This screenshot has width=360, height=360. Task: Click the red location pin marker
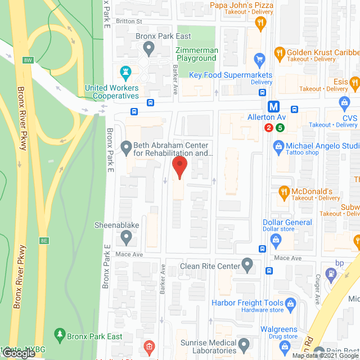pos(179,167)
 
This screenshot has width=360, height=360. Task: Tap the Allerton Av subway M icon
pos(273,106)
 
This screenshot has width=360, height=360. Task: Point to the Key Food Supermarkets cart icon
pos(259,59)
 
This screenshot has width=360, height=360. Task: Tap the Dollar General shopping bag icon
pos(276,241)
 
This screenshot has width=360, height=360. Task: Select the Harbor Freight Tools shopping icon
pos(291,304)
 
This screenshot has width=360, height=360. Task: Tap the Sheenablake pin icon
pos(127,238)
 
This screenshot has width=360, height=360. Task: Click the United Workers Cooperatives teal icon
pos(125,73)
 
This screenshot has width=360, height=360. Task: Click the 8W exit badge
pos(28,60)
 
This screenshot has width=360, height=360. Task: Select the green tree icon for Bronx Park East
pos(60,335)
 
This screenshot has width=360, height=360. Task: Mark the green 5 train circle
pos(280,128)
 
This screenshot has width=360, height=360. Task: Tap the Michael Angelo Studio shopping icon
pos(277,147)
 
